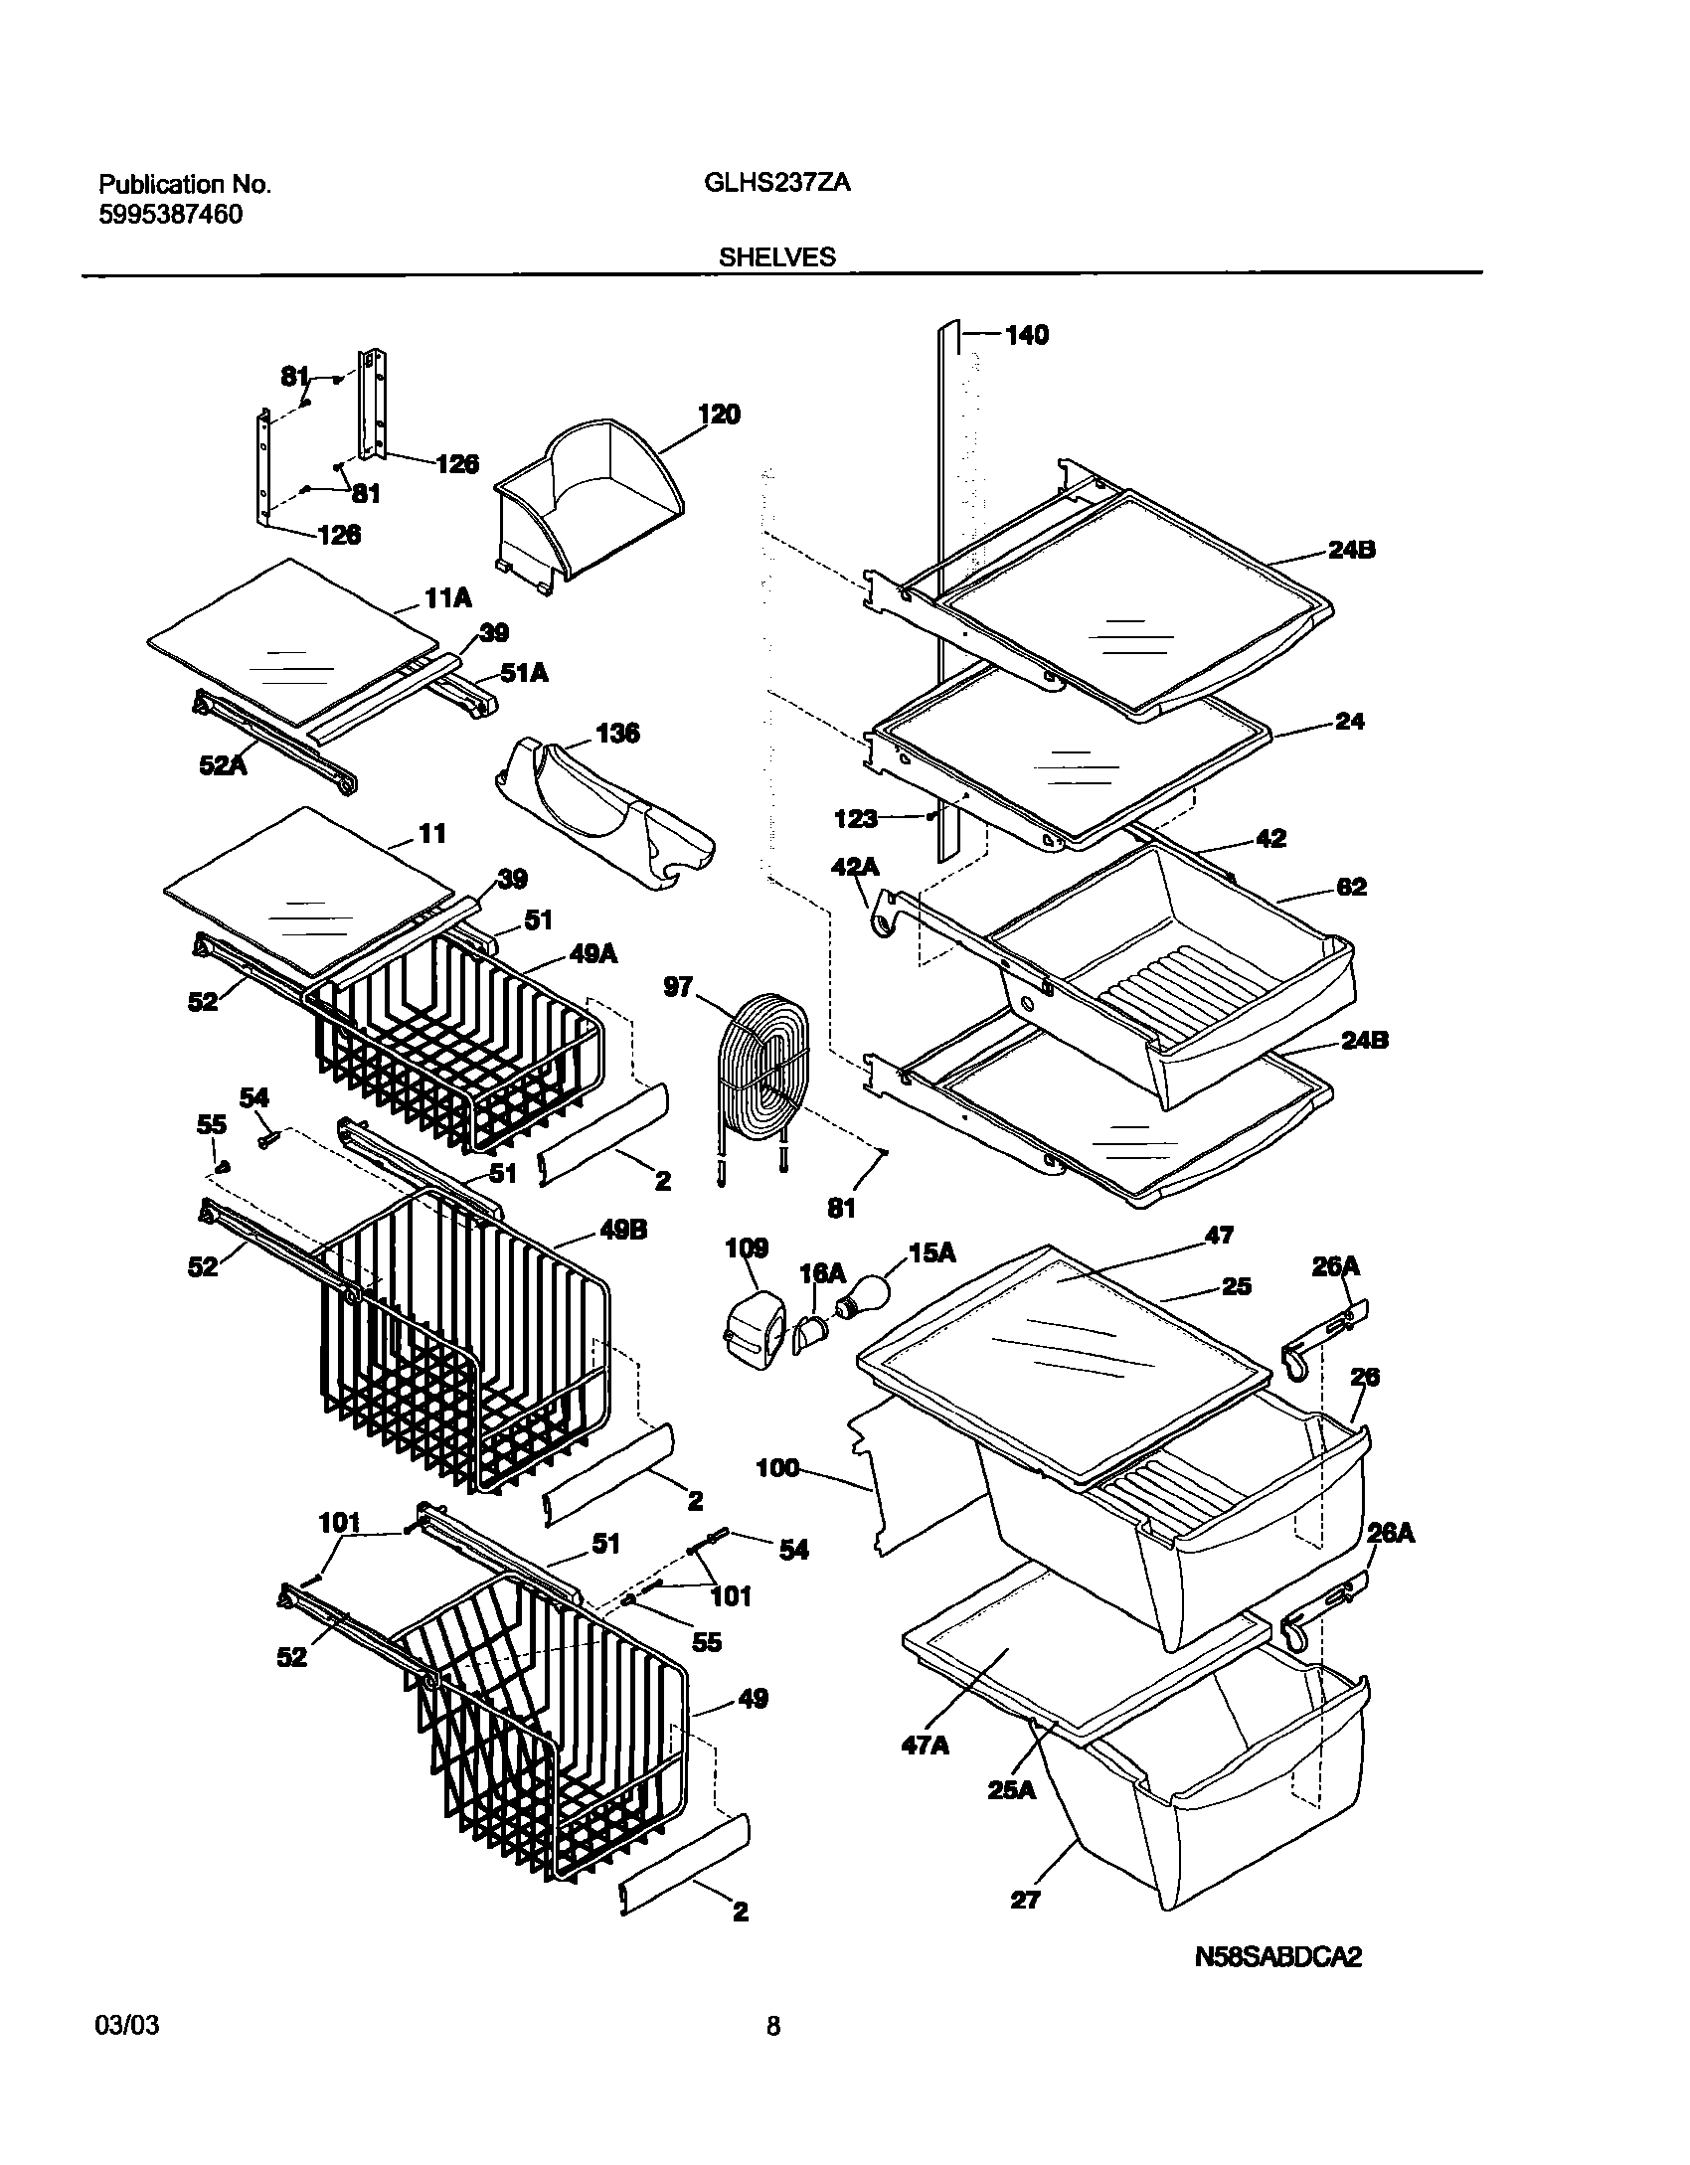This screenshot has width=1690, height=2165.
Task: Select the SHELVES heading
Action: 776,257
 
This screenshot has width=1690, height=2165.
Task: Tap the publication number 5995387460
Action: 170,215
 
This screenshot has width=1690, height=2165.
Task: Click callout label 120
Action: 719,415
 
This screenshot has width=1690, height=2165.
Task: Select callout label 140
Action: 1026,335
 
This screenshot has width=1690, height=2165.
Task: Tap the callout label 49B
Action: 622,1230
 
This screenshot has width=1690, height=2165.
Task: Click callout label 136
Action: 617,734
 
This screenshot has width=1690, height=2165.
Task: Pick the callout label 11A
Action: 447,597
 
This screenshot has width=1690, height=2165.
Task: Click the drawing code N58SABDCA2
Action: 1277,1957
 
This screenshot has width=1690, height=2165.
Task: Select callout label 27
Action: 1024,1900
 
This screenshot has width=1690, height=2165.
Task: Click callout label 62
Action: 1351,887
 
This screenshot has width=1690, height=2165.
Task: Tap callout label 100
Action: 777,1466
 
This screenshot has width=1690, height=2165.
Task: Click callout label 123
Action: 855,818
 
